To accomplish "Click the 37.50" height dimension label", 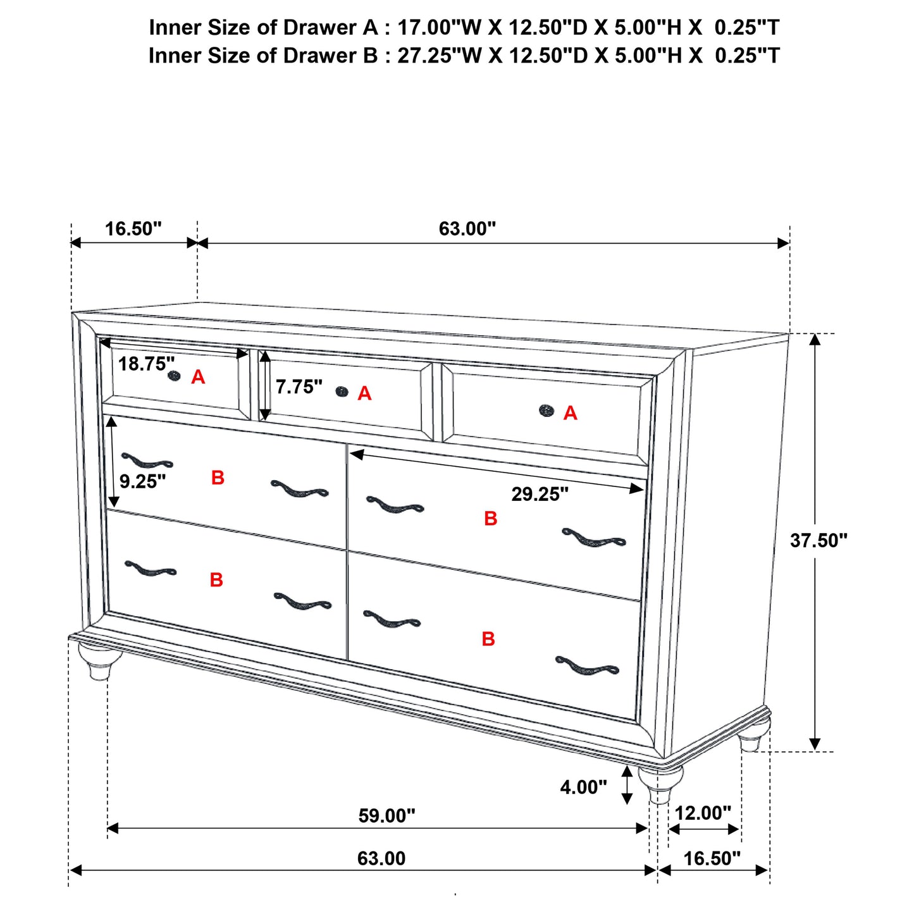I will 818,540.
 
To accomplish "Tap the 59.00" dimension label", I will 386,815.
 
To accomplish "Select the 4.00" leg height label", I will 583,787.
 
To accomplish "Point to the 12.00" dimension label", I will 703,813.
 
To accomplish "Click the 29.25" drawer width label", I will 540,494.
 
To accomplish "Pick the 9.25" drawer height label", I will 142,481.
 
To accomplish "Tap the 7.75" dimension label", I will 299,386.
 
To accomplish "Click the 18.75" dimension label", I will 146,364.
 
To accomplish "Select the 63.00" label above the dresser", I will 467,228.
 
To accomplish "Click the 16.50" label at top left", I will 133,228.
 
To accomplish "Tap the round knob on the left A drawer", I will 174,376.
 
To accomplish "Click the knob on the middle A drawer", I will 342,392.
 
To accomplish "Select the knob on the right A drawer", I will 547,411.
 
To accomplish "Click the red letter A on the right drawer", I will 570,413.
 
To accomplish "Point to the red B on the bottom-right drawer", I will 488,638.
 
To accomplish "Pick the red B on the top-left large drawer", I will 218,478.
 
